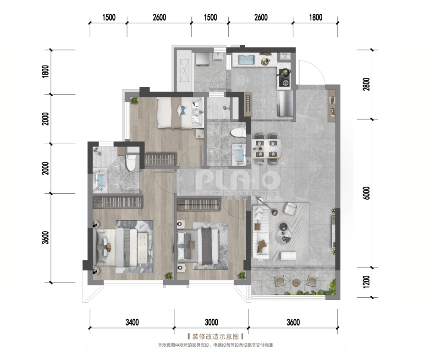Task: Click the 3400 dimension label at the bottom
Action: click(132, 322)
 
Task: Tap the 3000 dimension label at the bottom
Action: click(211, 322)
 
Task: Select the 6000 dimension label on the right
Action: click(366, 193)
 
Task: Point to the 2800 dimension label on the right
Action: click(366, 84)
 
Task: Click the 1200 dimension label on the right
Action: click(366, 282)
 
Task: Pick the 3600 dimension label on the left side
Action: click(45, 238)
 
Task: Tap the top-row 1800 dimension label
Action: click(316, 17)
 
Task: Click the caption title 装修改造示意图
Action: click(215, 337)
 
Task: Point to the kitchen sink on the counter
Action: click(247, 60)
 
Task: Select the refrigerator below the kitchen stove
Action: click(286, 104)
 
